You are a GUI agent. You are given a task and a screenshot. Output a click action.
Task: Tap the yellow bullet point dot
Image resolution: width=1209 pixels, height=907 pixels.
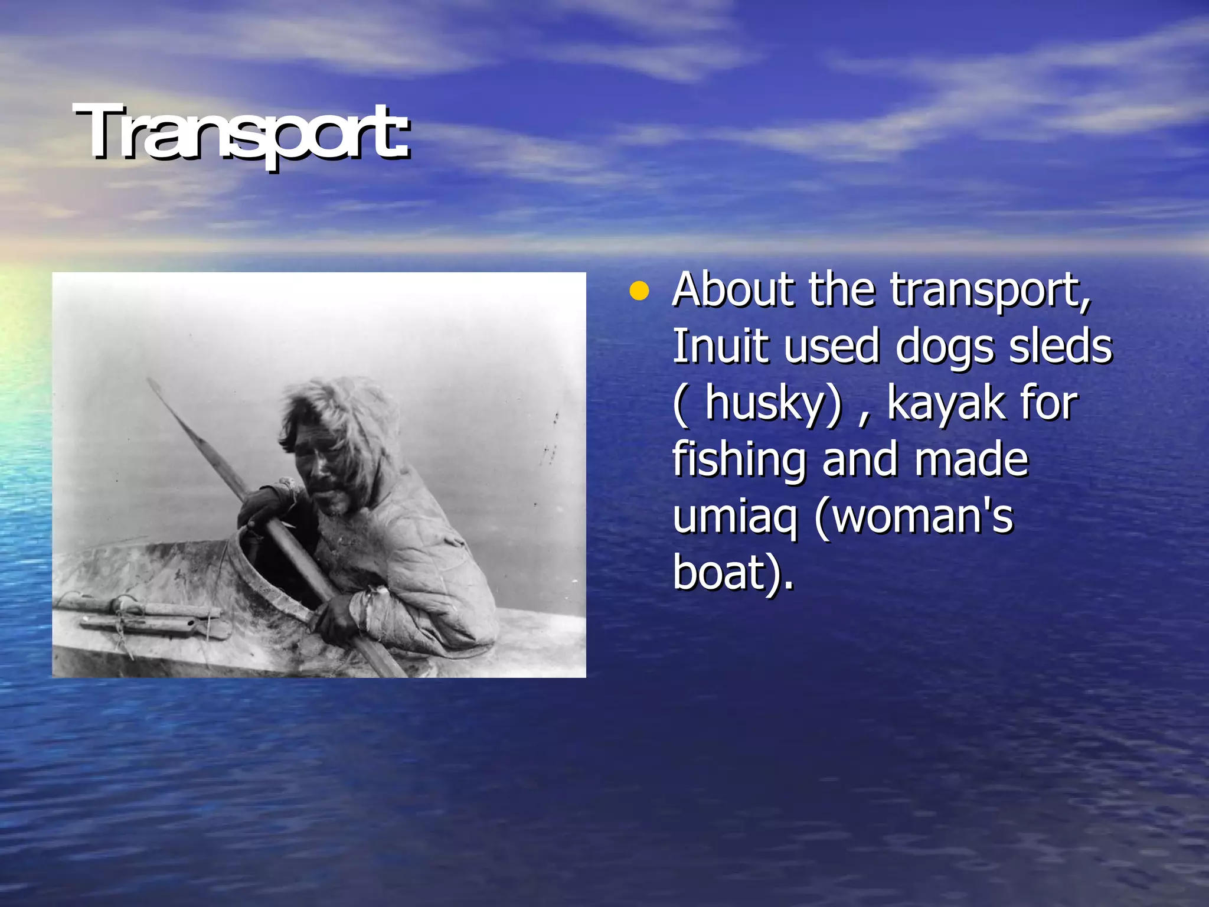pos(639,291)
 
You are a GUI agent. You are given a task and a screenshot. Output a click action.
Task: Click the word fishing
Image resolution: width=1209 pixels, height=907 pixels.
pos(739,461)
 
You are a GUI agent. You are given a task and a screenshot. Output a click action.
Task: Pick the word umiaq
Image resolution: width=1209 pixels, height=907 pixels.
pos(734,517)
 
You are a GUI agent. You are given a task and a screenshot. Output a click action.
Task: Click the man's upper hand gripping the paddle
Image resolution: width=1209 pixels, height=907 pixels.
pos(263,505)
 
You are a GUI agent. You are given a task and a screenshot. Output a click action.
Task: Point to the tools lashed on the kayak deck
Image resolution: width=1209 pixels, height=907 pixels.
pos(148,617)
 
